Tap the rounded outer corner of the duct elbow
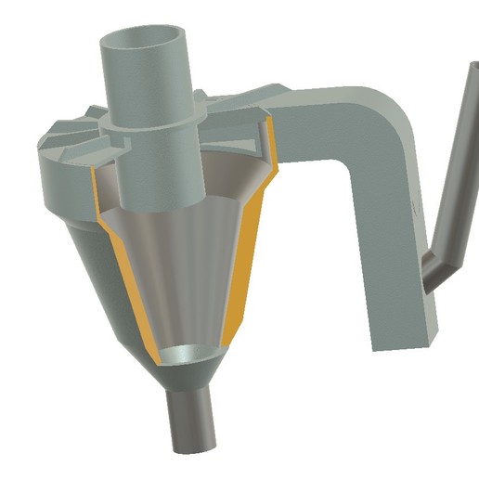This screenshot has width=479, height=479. click(x=395, y=102)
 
